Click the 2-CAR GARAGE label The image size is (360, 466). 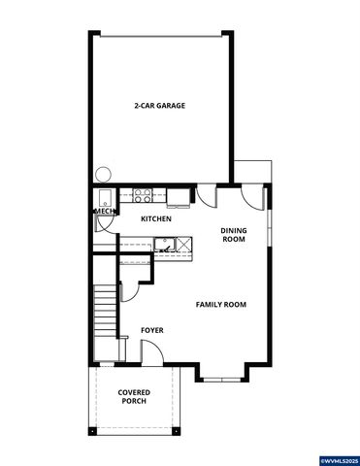point(159,106)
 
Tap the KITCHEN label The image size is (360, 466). point(155,219)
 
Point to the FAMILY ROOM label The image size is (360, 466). point(220,305)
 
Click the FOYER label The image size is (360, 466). point(151,331)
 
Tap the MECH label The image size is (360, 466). point(103,210)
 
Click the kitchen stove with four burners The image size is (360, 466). point(143,196)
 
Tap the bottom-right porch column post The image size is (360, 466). point(177,430)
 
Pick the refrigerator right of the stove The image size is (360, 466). point(179,196)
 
